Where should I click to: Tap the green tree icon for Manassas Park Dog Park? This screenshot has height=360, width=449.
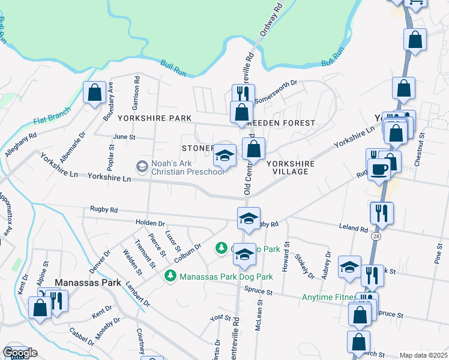point(171,276)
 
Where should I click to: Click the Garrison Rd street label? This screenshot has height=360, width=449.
point(137,89)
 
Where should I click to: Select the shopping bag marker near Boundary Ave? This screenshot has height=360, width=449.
point(94,92)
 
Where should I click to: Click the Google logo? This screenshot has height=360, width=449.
point(20,353)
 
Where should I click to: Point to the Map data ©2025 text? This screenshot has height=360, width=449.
point(423,355)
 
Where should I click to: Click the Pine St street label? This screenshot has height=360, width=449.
point(437,253)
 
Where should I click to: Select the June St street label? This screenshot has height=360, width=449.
point(124,137)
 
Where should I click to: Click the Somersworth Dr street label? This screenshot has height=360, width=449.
point(276,92)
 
